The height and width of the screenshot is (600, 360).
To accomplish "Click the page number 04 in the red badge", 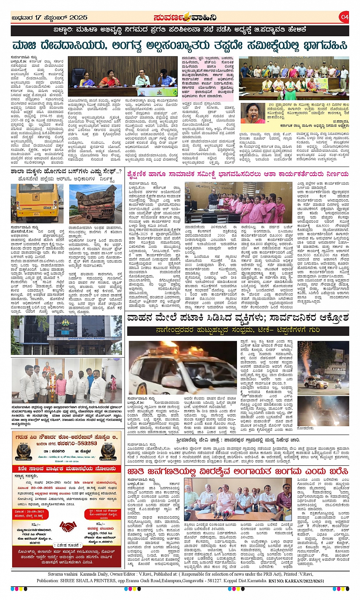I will (x=344, y=17).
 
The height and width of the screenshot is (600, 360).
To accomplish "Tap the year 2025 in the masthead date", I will (x=78, y=18).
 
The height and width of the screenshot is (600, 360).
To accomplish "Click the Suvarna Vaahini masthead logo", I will (x=185, y=18).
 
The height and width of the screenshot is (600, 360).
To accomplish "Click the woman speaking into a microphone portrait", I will (x=253, y=113).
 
